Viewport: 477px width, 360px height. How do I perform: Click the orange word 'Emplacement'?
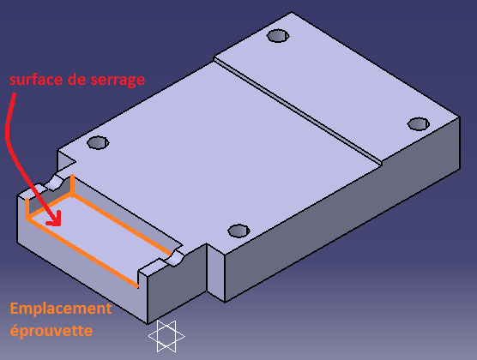(61, 309)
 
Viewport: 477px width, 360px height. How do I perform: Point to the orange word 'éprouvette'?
(51, 330)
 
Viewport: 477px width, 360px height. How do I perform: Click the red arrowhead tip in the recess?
(60, 225)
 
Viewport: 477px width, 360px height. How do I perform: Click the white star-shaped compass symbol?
(166, 336)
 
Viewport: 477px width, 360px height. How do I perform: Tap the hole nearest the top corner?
(278, 36)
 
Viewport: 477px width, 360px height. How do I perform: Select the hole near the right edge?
(419, 124)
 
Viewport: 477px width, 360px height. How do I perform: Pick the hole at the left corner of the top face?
(98, 142)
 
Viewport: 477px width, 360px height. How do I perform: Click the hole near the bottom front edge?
(238, 231)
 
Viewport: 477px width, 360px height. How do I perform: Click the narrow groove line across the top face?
(298, 111)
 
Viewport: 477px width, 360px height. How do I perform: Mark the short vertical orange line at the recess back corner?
(72, 185)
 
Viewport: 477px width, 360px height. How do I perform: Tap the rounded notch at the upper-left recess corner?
(55, 182)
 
